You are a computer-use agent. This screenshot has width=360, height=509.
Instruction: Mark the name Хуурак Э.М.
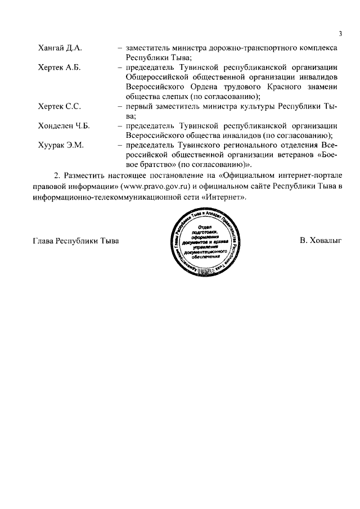pos(60,145)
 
